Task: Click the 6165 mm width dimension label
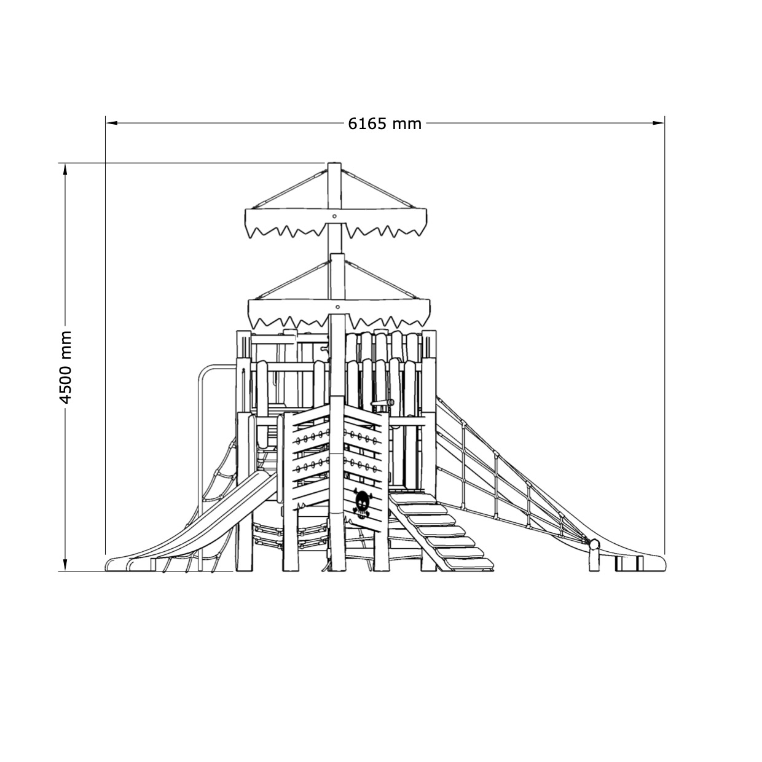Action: point(384,124)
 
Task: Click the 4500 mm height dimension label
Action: point(65,367)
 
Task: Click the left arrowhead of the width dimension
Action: point(111,123)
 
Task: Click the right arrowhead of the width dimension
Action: point(658,123)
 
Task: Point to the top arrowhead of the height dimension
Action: point(65,168)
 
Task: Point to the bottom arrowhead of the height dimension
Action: point(65,565)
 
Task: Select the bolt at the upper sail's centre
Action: point(334,216)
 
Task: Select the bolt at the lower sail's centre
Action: point(337,307)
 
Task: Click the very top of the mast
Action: point(334,163)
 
